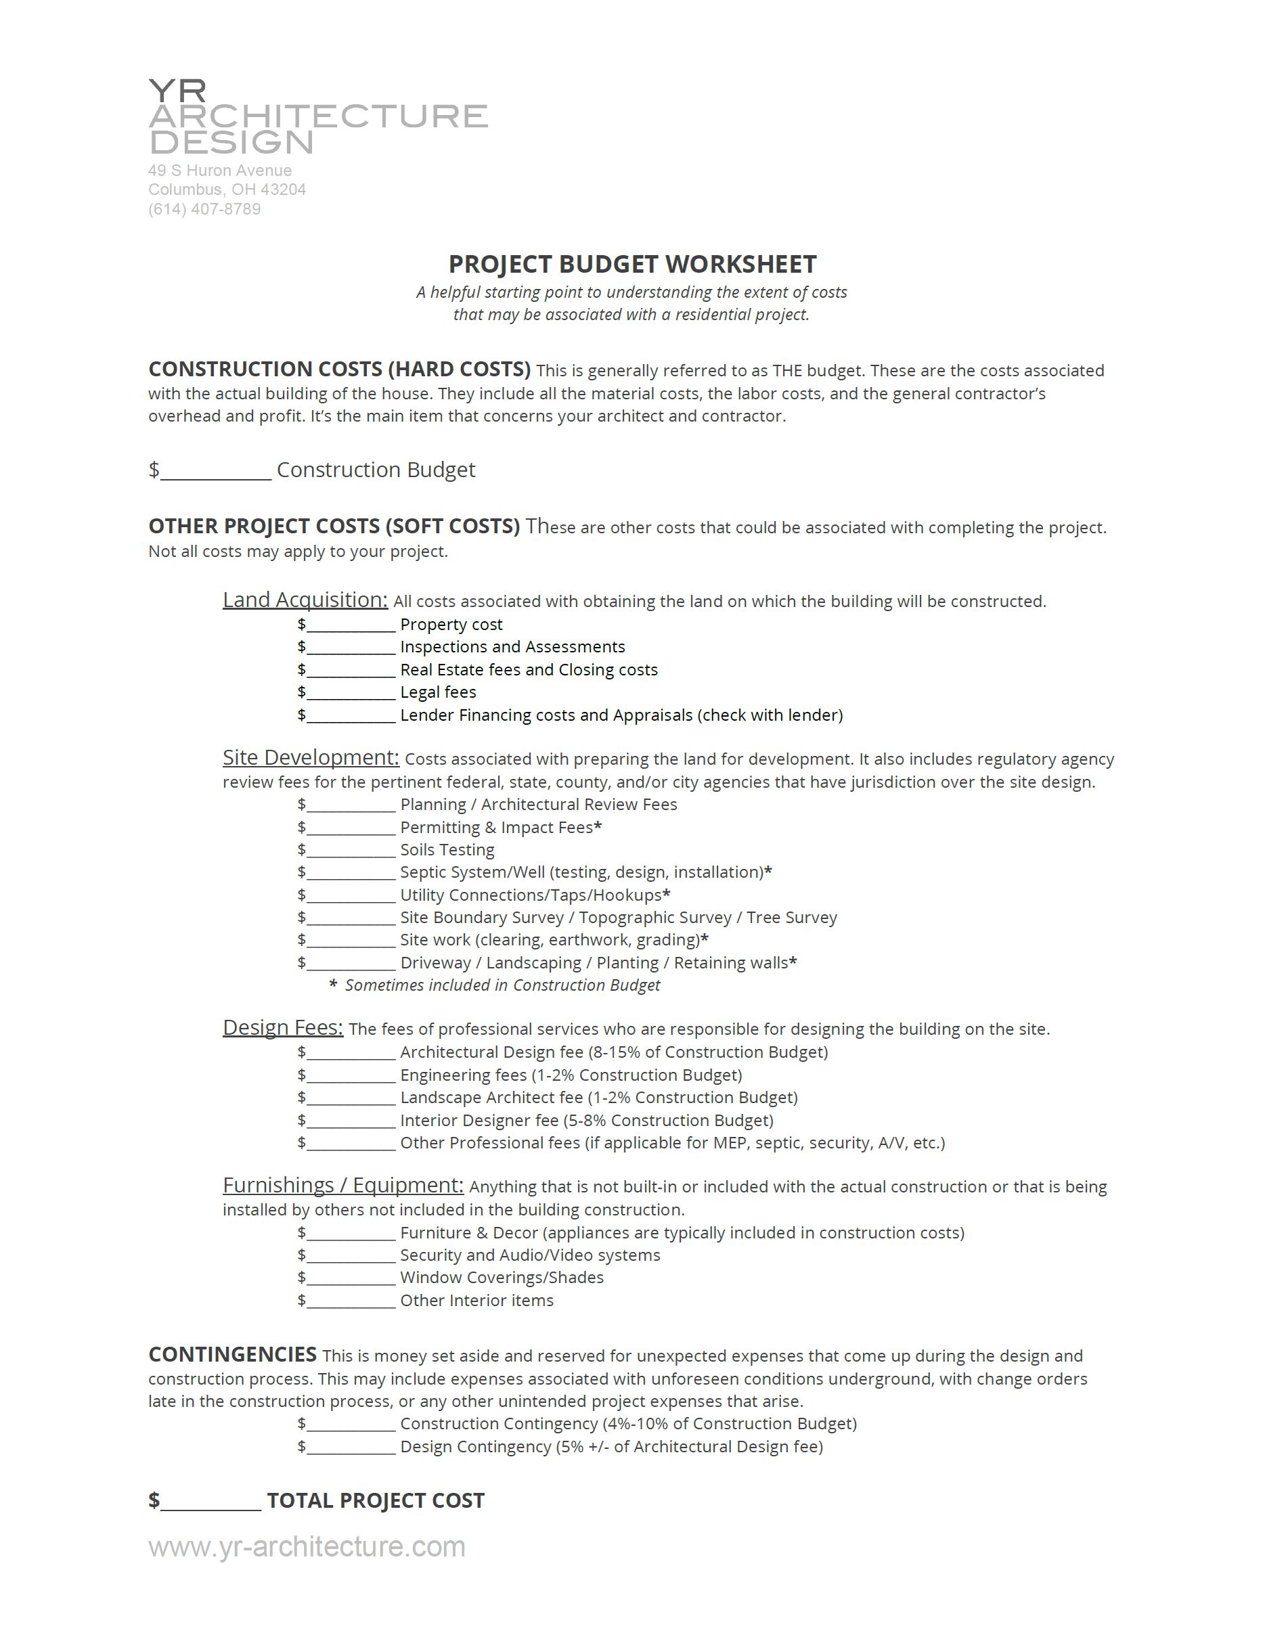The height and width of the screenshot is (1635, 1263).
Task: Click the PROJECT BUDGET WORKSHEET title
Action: [x=632, y=264]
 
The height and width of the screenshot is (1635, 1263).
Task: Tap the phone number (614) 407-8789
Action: [x=204, y=209]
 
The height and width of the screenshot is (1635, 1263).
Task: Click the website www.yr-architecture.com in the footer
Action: [x=307, y=1546]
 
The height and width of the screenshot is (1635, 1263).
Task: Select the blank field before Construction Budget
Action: [x=216, y=471]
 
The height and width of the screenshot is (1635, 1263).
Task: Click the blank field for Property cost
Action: [x=351, y=625]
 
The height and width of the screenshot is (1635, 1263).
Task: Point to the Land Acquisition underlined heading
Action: [x=305, y=600]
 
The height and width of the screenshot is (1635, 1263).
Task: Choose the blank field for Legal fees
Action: [x=351, y=692]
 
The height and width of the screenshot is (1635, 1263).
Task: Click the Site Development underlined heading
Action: [x=311, y=758]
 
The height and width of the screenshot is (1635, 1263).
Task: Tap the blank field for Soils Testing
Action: [x=351, y=851]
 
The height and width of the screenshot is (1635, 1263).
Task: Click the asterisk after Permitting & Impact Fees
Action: [x=598, y=826]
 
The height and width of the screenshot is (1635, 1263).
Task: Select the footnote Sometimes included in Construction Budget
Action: [x=502, y=985]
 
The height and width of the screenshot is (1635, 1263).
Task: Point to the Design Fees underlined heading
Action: [x=283, y=1027]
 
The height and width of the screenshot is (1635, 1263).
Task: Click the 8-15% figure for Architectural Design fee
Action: [x=615, y=1052]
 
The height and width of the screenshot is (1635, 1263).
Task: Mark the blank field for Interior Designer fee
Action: [x=351, y=1121]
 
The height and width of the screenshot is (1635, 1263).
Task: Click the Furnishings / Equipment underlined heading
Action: [x=343, y=1185]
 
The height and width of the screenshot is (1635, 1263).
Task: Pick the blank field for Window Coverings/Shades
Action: [x=351, y=1278]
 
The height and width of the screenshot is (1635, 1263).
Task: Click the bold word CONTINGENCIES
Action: [x=232, y=1354]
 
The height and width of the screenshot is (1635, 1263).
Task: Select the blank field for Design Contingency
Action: [x=351, y=1447]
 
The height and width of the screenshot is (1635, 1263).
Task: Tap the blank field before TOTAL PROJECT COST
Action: [x=210, y=1502]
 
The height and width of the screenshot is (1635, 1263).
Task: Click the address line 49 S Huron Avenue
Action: [x=220, y=171]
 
